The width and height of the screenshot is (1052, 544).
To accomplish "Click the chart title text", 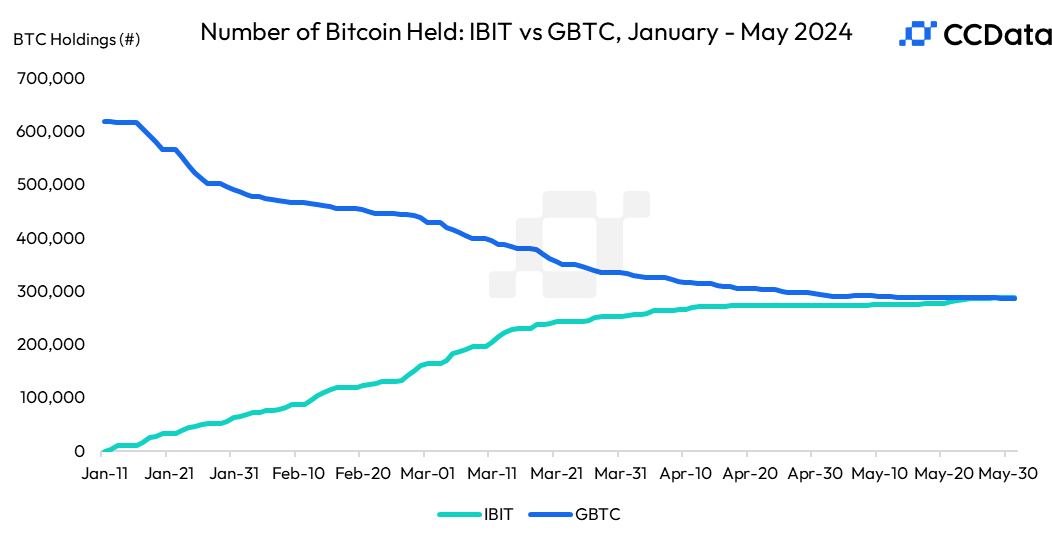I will point(526,32).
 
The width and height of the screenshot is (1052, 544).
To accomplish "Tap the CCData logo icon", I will point(917,34).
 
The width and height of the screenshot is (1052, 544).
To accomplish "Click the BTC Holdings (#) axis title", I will point(77,39).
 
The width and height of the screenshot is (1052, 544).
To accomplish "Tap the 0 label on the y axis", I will point(78,452).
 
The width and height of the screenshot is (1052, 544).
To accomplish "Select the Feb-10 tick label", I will point(296,473).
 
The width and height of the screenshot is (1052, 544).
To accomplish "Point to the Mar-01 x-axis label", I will point(426,473).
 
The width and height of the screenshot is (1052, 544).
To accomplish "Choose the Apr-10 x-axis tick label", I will point(685,473).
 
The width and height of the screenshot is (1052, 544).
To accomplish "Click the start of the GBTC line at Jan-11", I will point(104,121).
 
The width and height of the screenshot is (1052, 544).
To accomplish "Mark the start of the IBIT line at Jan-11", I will point(104,451).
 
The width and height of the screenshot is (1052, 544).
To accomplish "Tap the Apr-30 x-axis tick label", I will point(814,473).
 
